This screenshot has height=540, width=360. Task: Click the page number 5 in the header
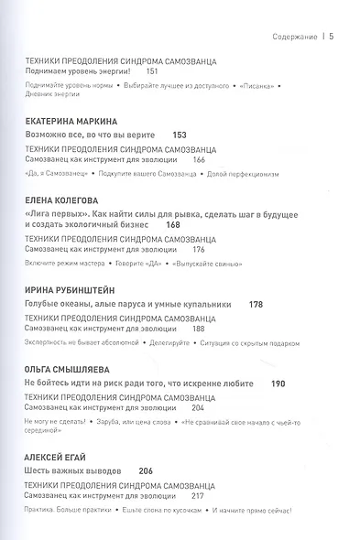(x=331, y=38)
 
